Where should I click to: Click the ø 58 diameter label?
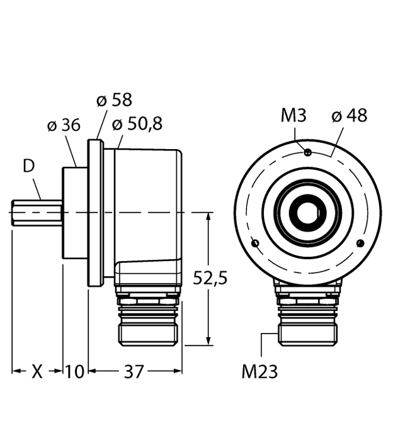(114, 101)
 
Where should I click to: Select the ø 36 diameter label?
(64, 126)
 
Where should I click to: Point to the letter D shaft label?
(28, 167)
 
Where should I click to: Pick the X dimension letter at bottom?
(37, 372)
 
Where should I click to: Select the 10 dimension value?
(75, 372)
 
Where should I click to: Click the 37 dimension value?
(133, 372)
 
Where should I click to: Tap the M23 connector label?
(259, 372)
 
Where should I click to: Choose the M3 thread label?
(293, 116)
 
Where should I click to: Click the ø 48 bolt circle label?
(349, 116)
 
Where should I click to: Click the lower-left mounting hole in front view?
(254, 244)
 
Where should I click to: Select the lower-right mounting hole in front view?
(360, 244)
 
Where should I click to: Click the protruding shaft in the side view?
(37, 213)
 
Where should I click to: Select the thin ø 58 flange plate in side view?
(95, 213)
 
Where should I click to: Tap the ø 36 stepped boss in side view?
(74, 213)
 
